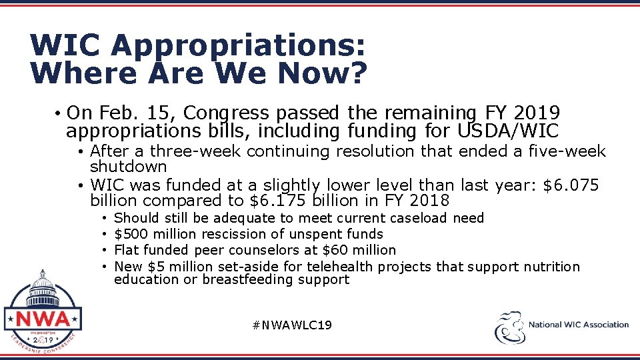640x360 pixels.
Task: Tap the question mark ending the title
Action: tap(358, 73)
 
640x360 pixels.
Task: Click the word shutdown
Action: tap(128, 166)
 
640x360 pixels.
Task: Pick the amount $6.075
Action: tap(571, 185)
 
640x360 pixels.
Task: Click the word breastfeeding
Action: tap(248, 279)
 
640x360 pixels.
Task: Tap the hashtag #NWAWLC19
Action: tap(293, 325)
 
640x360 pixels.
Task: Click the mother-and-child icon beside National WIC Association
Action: tap(509, 327)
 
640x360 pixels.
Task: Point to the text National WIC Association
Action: tap(578, 325)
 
